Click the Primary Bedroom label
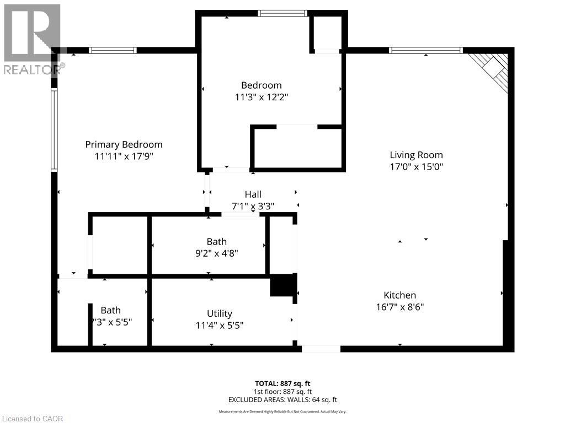click(124, 144)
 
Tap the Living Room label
click(416, 155)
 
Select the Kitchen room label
click(399, 295)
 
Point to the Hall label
click(253, 194)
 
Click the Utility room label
click(219, 313)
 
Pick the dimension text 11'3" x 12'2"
click(261, 97)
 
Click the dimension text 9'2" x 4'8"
click(216, 253)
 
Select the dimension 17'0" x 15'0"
click(416, 166)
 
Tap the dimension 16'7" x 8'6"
click(399, 307)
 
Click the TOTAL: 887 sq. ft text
click(283, 383)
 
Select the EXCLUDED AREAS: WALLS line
click(283, 400)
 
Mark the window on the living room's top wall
click(425, 51)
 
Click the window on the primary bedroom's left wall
click(54, 130)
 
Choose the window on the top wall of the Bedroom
click(282, 13)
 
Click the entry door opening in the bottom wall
click(321, 349)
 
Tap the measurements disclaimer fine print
click(283, 411)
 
